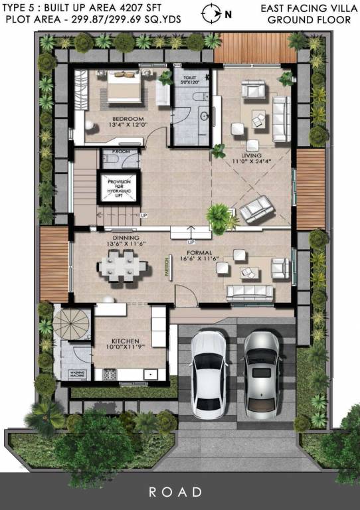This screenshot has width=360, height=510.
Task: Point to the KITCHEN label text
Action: pos(125,341)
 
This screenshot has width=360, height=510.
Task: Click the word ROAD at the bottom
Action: pos(175,492)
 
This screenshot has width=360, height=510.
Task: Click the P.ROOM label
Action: pos(120,151)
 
